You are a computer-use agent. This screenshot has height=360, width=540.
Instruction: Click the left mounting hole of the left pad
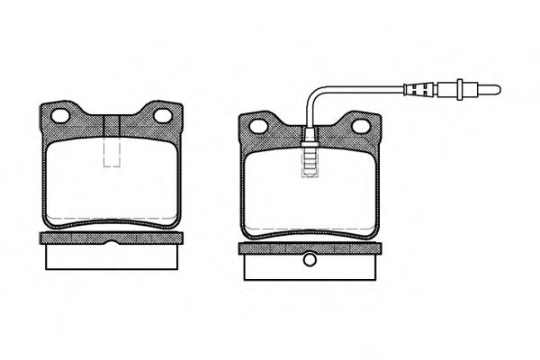(61, 116)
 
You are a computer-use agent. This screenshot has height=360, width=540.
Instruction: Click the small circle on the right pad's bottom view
(310, 262)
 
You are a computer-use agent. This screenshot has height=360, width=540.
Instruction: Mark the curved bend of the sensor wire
(315, 94)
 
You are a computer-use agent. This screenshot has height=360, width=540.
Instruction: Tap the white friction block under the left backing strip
(112, 256)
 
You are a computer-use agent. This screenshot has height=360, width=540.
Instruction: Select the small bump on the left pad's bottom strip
(112, 243)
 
